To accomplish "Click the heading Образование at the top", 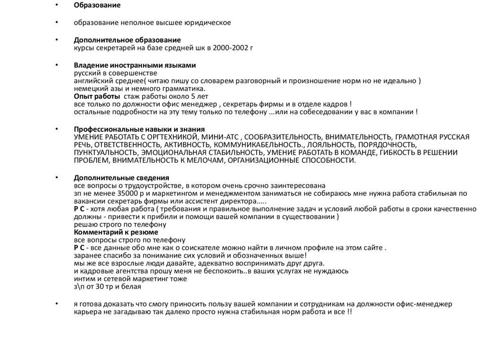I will [x=97, y=6].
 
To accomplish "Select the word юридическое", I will [x=208, y=23].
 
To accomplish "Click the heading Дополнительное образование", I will [x=127, y=40].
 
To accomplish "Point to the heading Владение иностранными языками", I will [x=135, y=65].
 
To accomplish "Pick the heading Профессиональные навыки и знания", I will [x=139, y=129].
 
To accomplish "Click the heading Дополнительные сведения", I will [x=121, y=177].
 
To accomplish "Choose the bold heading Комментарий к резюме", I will [x=116, y=232].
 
